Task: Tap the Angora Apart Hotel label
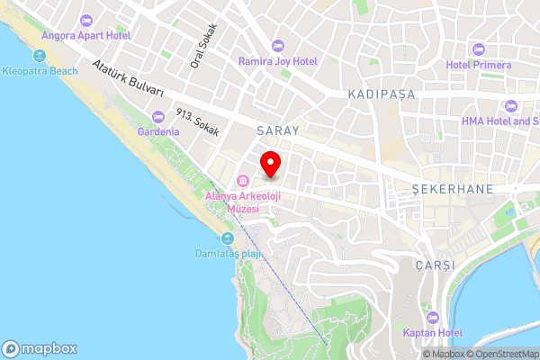pos(86,35)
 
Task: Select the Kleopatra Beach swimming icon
pos(13,58)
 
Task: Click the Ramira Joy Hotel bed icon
pos(277,45)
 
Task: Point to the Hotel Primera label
pos(479,65)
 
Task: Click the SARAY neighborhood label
pos(276,130)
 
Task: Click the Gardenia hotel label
pos(158,131)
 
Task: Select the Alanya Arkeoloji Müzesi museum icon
pos(242,180)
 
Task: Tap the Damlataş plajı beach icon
pos(228,238)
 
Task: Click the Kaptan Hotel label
pos(433,333)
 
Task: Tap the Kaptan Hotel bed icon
pos(433,317)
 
